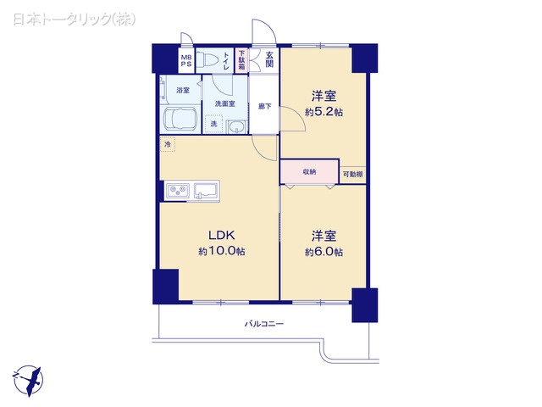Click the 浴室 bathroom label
click(182, 90)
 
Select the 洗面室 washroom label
click(224, 103)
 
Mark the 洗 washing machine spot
click(213, 124)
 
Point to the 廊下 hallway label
click(264, 106)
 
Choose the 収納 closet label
click(308, 171)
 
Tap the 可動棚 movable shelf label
click(352, 175)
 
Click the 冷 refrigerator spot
click(168, 145)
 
